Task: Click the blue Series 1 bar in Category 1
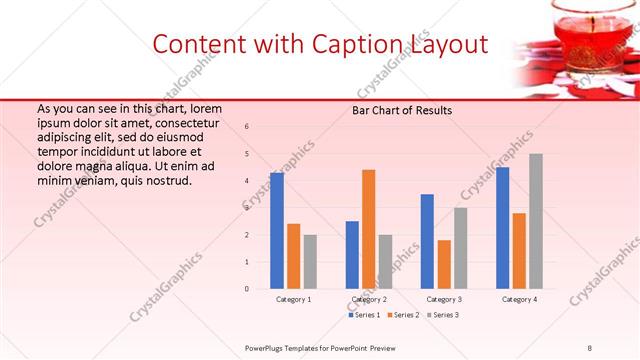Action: (x=277, y=231)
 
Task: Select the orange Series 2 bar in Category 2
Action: (x=369, y=229)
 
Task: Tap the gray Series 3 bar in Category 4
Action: (x=536, y=221)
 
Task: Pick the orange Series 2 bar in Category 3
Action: (x=444, y=264)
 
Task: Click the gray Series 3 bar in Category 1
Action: (x=310, y=262)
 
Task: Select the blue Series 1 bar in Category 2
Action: (x=352, y=255)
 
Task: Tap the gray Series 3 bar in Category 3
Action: (x=460, y=248)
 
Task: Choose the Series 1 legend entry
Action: (x=365, y=315)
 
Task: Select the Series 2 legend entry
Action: (x=404, y=315)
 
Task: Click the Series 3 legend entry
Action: (x=443, y=315)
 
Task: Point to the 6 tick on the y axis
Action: (x=248, y=126)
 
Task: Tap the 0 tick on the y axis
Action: (x=248, y=289)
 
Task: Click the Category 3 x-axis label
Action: (x=444, y=299)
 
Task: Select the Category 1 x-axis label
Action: (x=294, y=299)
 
